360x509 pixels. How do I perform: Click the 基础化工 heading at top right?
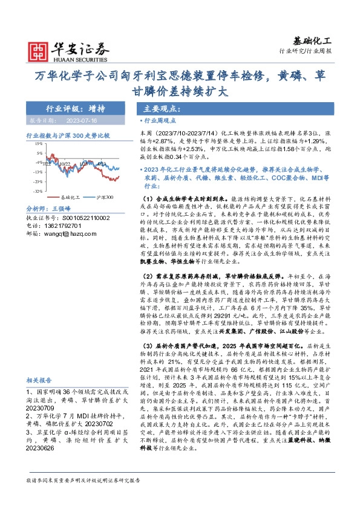pyautogui.click(x=313, y=41)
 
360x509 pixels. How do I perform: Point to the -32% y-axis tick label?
pyautogui.click(x=38, y=191)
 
